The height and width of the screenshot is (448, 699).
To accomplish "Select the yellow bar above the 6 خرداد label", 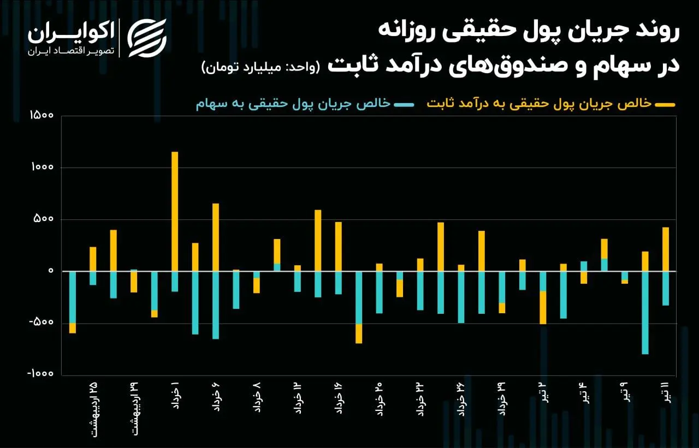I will (216, 237).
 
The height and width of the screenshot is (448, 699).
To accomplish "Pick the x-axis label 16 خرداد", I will (339, 398).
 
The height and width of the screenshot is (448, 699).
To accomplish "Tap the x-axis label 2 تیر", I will (543, 393).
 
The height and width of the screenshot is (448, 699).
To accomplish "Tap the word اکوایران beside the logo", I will (72, 33).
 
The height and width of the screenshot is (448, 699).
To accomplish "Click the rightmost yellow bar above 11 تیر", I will (666, 249).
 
